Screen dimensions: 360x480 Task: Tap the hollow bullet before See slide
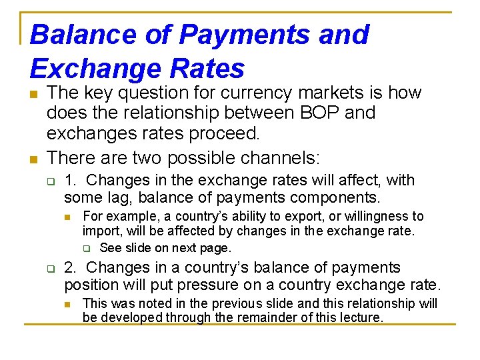[86, 249]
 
